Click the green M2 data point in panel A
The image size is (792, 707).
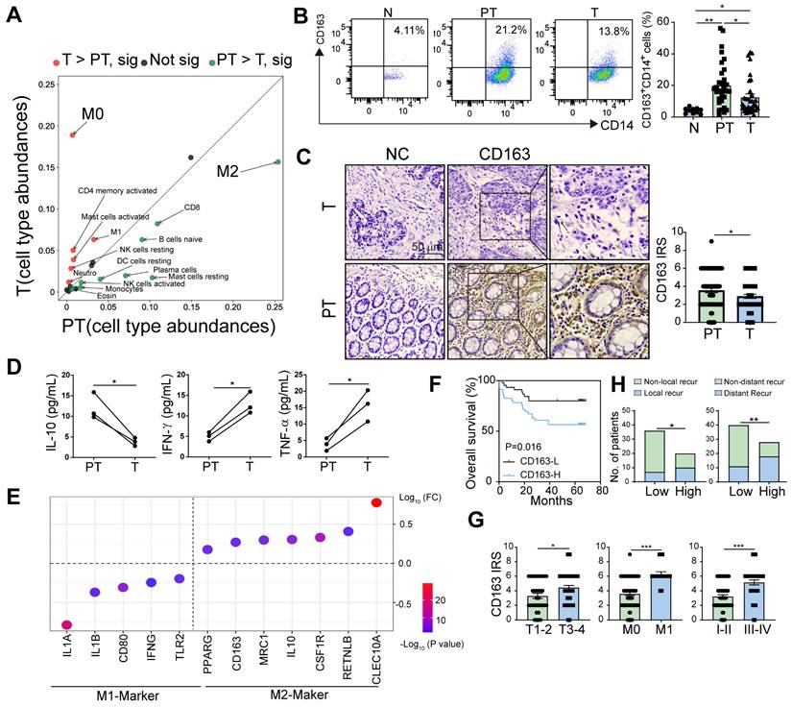277,161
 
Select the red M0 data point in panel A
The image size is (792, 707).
73,134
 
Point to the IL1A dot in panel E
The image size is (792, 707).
66,625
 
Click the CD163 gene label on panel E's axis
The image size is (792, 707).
235,657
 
